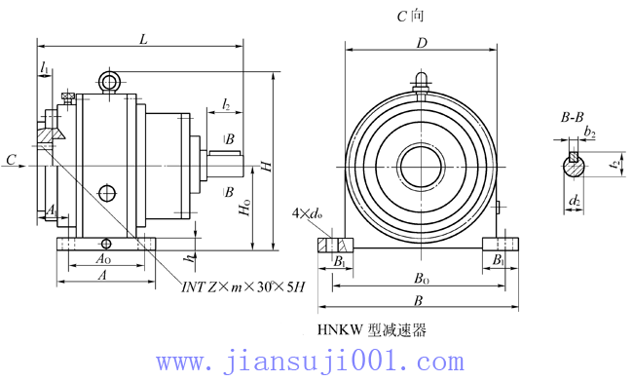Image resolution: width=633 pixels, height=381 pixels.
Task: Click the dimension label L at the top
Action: click(143, 39)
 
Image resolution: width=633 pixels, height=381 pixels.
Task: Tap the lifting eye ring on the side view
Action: click(109, 79)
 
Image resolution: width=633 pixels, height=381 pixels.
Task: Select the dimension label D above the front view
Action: click(422, 43)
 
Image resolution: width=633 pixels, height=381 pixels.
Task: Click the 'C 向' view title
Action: click(410, 16)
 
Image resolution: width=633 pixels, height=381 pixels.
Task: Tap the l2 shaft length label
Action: click(226, 102)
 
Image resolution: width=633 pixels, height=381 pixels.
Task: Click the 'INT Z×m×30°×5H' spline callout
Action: click(243, 286)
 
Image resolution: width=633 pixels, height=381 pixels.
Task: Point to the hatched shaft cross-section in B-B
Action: click(576, 167)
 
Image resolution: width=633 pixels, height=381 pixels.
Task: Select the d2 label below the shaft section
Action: click(575, 201)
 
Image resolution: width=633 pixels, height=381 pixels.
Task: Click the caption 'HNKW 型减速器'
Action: click(372, 330)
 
